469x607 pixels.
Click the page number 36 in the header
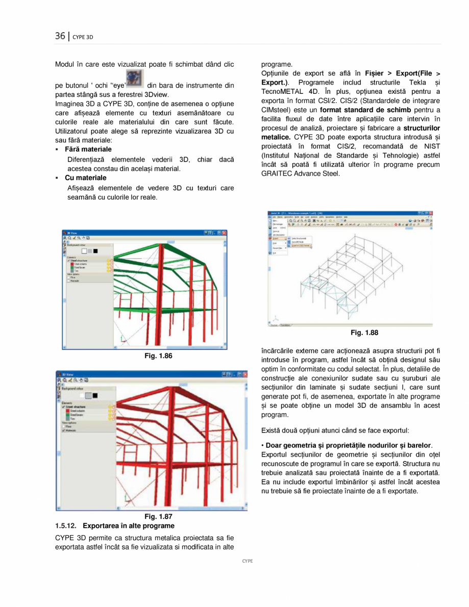point(60,36)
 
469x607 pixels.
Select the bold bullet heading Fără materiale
point(88,149)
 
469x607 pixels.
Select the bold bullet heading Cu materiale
point(85,178)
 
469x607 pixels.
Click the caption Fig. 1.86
point(159,356)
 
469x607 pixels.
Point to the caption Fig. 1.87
point(159,517)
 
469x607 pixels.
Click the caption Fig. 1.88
point(364,333)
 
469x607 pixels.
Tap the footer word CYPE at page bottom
point(247,561)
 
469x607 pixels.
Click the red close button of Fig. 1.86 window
point(224,233)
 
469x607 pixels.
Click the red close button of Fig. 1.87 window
point(244,374)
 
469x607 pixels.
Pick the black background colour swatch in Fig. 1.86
point(95,251)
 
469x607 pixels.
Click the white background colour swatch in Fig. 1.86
point(84,251)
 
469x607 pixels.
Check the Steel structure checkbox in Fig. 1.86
point(69,261)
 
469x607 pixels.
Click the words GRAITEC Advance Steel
point(300,173)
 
